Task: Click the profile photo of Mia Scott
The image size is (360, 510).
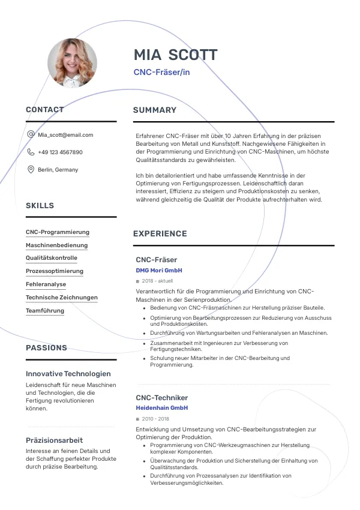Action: coord(72,62)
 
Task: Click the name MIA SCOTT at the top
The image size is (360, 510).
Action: coord(175,55)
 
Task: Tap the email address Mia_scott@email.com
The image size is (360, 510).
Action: coord(65,135)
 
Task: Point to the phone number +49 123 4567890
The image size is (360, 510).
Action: coord(60,152)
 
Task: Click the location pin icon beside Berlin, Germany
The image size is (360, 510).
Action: coord(31,170)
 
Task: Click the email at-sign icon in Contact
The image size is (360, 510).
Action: coord(31,135)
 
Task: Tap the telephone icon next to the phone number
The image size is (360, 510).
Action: coord(31,152)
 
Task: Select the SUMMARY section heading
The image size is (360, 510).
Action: coord(155,110)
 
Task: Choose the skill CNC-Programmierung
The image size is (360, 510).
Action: coord(58,232)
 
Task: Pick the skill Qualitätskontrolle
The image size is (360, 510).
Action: coord(52,258)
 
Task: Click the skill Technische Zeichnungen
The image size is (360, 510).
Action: coord(62,298)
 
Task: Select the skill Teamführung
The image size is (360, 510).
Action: coord(45,311)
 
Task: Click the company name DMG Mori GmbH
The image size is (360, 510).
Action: coord(159,271)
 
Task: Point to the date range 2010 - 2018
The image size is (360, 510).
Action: coord(155,419)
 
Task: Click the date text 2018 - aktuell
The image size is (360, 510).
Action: coord(157,281)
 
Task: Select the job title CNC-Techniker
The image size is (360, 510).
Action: coord(162,398)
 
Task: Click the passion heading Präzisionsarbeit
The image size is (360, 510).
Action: coord(55,440)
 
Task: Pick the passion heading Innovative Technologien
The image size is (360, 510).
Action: coord(68,373)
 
